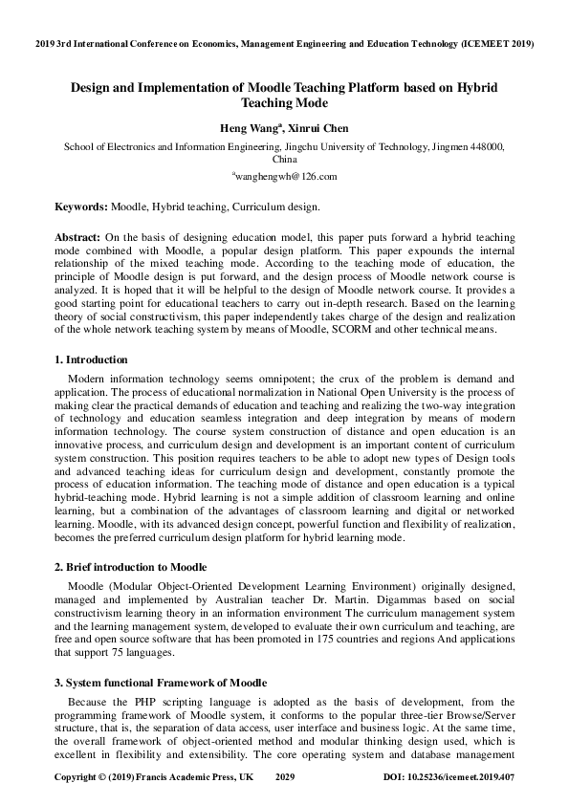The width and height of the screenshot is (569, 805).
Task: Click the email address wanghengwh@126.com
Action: coord(284,176)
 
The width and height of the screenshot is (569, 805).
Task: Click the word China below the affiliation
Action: coord(284,160)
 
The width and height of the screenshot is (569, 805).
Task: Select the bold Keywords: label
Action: coord(80,207)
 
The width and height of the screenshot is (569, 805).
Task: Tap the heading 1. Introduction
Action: coord(90,359)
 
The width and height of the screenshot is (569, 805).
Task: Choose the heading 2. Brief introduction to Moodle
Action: coord(129,567)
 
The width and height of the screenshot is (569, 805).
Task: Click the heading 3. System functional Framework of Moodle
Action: coord(159,683)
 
